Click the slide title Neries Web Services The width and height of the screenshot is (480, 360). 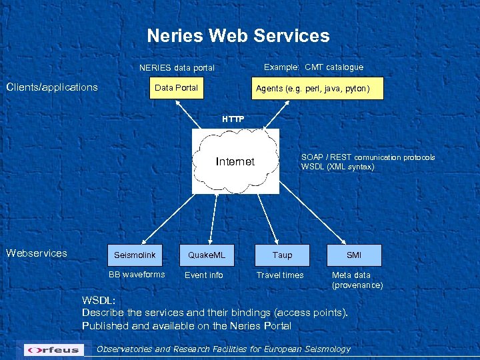tap(238, 35)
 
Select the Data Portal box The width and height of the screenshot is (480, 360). tap(176, 88)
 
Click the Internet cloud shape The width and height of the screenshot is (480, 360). tap(235, 161)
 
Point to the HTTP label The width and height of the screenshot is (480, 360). tap(233, 119)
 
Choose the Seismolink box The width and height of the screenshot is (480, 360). tap(135, 255)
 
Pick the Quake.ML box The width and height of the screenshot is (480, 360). tap(207, 255)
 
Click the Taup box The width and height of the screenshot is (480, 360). tap(282, 255)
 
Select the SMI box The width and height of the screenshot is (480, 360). tap(354, 255)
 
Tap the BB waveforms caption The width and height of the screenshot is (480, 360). tap(137, 275)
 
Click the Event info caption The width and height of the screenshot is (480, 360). tap(204, 275)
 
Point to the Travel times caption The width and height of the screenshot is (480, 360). tap(280, 275)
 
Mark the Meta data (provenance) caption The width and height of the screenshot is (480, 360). tap(357, 280)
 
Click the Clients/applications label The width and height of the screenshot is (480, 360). tap(52, 87)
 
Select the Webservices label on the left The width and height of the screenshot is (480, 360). tap(37, 253)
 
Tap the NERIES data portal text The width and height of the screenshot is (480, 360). tap(177, 68)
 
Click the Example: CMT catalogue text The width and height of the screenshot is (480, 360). tap(313, 67)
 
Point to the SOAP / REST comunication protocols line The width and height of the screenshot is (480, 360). tap(368, 157)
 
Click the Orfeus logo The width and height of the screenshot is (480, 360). tap(54, 349)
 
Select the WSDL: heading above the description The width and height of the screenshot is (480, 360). tap(98, 300)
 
